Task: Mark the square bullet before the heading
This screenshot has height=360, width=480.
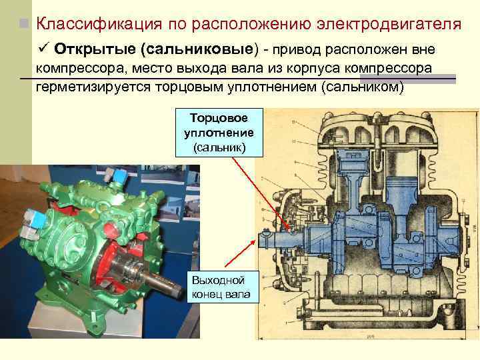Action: click(x=24, y=25)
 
